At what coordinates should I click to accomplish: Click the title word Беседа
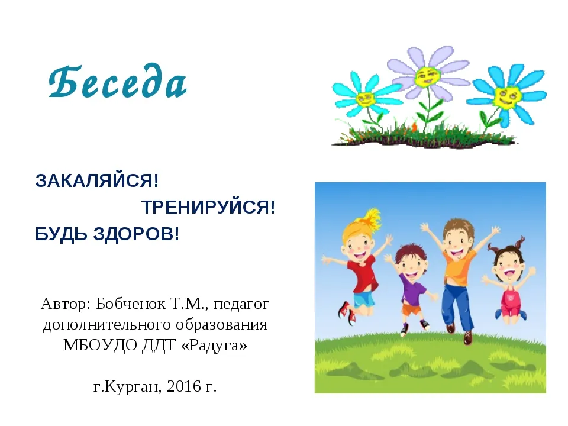[118, 81]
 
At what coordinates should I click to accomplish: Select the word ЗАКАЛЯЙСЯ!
[96, 180]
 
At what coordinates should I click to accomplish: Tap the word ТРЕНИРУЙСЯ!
[208, 207]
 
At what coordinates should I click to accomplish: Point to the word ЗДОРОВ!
[136, 234]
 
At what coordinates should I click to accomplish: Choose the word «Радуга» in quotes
[214, 345]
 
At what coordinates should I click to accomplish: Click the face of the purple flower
[427, 76]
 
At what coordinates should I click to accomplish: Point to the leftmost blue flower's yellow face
[365, 99]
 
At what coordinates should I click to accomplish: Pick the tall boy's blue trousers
[457, 306]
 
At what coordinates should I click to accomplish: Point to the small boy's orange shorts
[412, 310]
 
